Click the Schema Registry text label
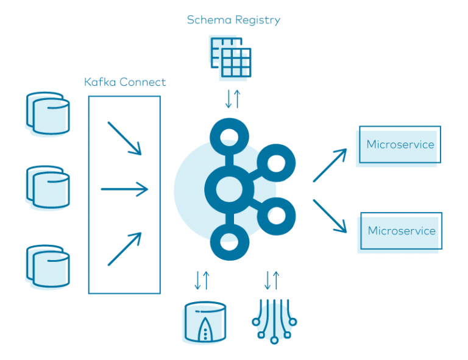click(x=234, y=20)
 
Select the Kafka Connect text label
click(x=125, y=82)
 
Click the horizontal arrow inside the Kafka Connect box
click(x=124, y=189)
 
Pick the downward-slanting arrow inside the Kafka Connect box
click(x=124, y=138)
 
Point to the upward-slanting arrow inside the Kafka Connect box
click(x=124, y=249)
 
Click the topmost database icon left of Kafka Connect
click(x=48, y=113)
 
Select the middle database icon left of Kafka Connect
click(x=48, y=187)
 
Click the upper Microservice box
click(x=400, y=145)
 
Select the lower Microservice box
click(x=401, y=231)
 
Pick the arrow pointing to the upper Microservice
click(x=330, y=164)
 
